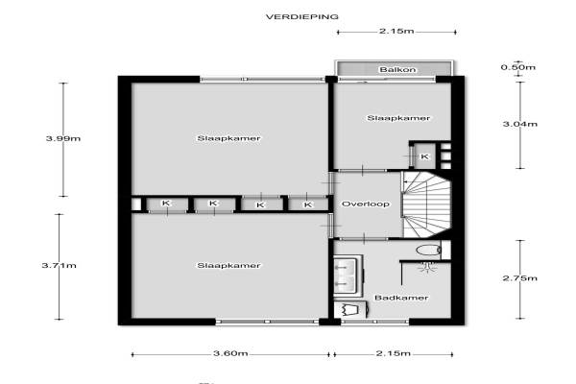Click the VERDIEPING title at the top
click(302, 17)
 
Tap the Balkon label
click(397, 69)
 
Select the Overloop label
click(366, 204)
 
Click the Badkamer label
click(401, 298)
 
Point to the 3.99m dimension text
click(63, 138)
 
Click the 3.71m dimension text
click(60, 265)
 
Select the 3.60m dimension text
click(230, 353)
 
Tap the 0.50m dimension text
click(518, 67)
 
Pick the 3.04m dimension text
click(520, 124)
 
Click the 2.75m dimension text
click(520, 278)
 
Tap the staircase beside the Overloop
click(427, 204)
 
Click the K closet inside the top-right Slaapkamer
click(424, 156)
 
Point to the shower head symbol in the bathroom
click(427, 267)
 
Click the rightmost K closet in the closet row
click(308, 204)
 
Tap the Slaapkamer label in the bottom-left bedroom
click(228, 265)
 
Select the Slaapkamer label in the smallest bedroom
click(398, 118)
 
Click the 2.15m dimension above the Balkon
click(396, 32)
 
